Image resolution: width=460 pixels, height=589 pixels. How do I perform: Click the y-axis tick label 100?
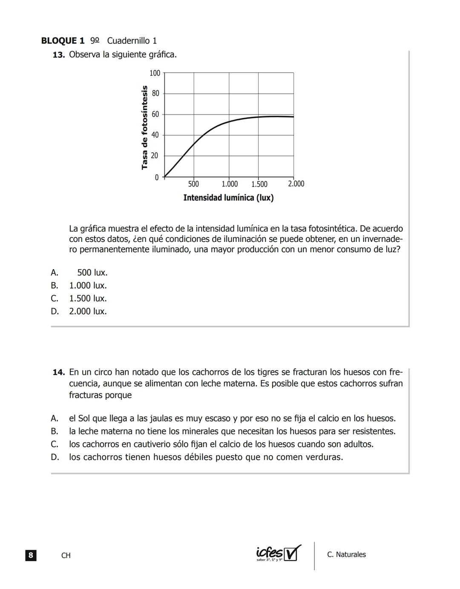coord(155,73)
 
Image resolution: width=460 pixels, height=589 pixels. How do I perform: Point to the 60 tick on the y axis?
coord(155,114)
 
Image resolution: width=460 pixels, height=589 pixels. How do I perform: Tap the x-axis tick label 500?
coord(193,184)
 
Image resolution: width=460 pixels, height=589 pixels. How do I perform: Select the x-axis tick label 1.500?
coord(259,184)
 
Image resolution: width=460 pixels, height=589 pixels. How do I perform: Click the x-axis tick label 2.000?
coord(296,184)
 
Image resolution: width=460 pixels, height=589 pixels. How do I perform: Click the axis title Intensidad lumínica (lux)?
coord(228,198)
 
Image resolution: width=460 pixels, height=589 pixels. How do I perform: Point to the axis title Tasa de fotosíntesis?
coord(145,127)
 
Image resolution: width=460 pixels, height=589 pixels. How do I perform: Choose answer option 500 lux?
coord(92,273)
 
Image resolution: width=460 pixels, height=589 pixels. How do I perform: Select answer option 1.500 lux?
coord(88,298)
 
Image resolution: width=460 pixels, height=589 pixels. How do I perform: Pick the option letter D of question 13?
coord(55,311)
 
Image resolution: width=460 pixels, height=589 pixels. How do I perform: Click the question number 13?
coord(58,55)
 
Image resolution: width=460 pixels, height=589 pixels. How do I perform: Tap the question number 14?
coord(58,372)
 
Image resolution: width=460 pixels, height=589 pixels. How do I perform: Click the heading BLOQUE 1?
coord(63,41)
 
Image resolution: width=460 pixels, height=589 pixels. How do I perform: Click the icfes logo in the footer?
coord(278,554)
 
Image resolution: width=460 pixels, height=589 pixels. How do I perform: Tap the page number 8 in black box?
coord(31,555)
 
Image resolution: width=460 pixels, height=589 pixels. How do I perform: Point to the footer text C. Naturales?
coord(346,555)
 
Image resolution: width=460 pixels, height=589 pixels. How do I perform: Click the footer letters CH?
coord(66,555)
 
